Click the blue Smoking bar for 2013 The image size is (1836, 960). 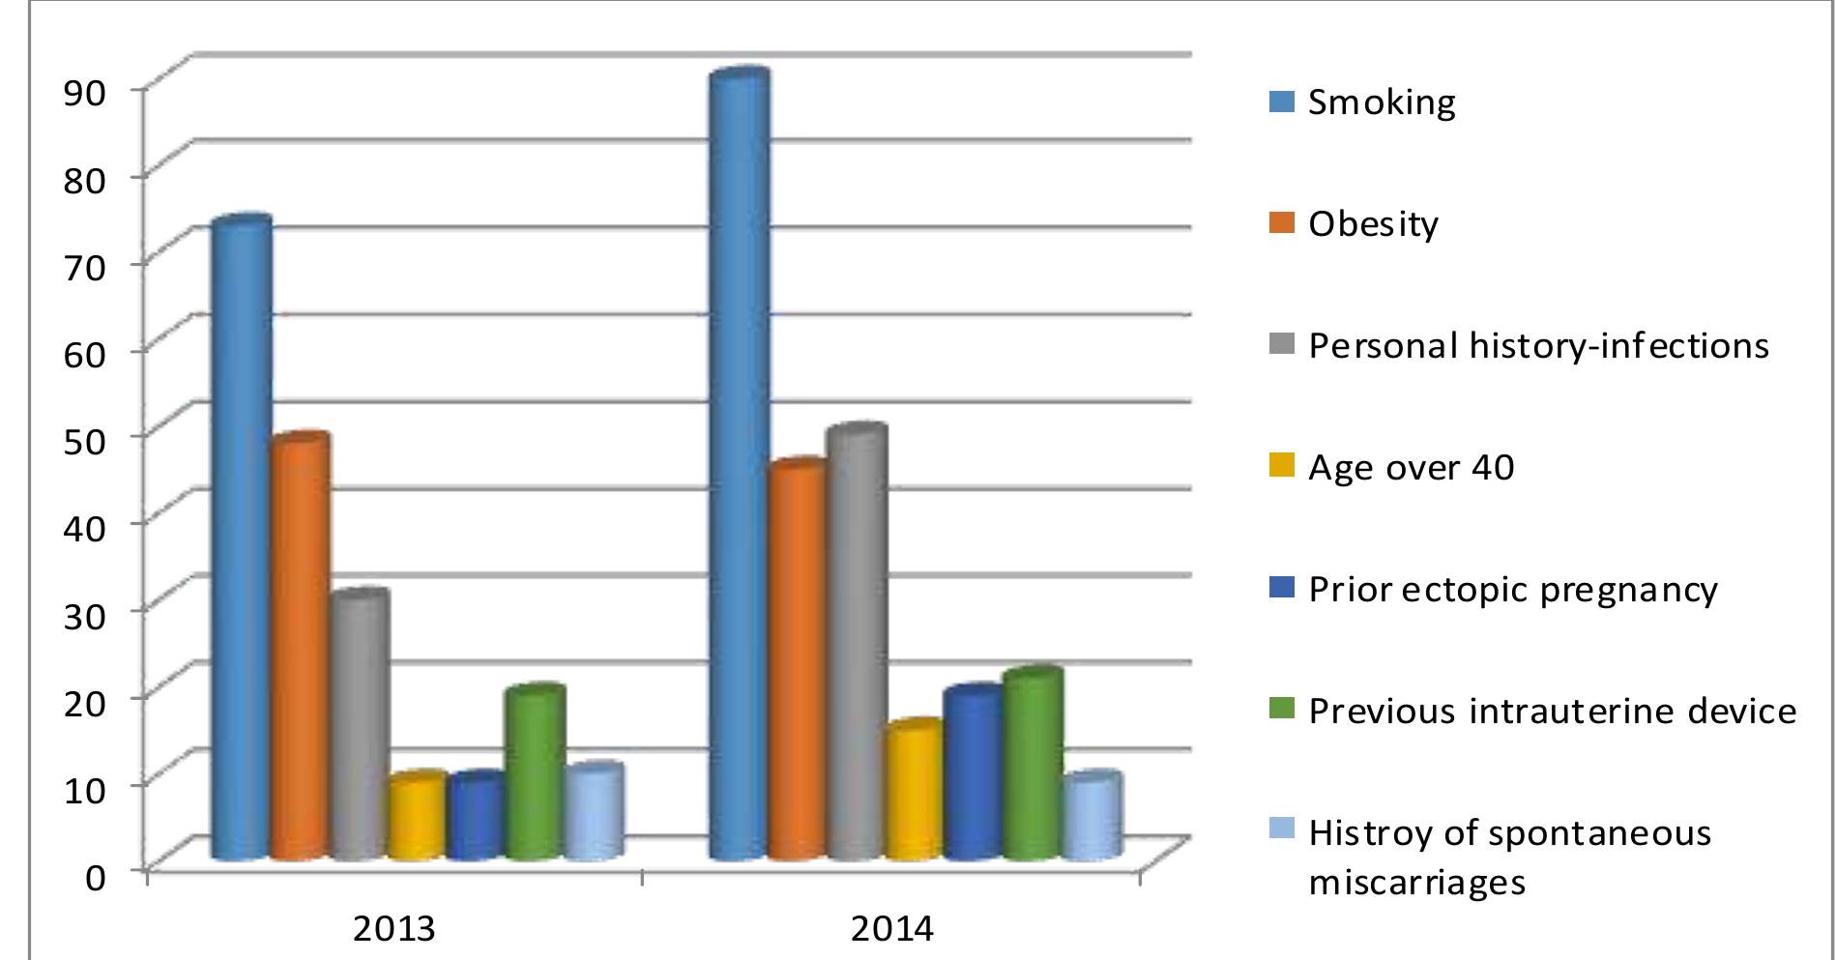(x=242, y=541)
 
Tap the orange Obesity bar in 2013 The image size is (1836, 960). (x=300, y=648)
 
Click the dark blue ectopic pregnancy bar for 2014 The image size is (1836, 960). (x=973, y=774)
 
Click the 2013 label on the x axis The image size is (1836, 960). (x=393, y=929)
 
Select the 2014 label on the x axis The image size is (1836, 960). (x=892, y=929)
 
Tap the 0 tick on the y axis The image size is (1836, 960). (x=95, y=878)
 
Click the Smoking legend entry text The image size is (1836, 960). (x=1382, y=102)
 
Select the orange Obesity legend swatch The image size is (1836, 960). (x=1281, y=223)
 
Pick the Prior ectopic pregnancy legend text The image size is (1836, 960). (x=1512, y=590)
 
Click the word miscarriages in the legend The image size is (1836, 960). (x=1416, y=883)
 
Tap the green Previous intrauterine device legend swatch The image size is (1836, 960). (x=1281, y=711)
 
